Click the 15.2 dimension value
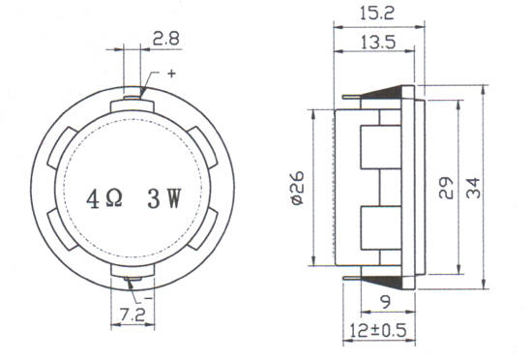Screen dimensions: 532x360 (x=377, y=14)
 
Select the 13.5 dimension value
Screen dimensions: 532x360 (x=377, y=43)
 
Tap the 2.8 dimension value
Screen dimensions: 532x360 (x=165, y=39)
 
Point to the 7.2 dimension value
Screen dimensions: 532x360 (x=133, y=315)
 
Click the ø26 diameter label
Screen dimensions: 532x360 (x=298, y=189)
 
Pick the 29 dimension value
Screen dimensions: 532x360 (x=446, y=188)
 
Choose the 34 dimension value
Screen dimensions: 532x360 (x=473, y=188)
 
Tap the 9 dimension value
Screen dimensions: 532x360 (x=387, y=302)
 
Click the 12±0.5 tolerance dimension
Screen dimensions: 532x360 (x=377, y=330)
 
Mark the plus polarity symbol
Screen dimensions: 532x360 (x=172, y=74)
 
